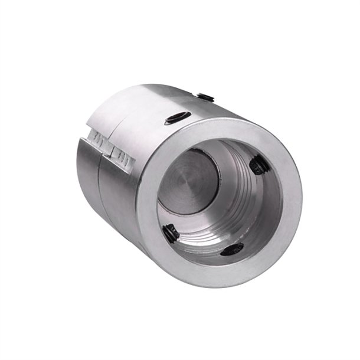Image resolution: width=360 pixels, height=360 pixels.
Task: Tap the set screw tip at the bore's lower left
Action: point(171,234)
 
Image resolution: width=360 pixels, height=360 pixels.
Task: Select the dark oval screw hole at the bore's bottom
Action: point(231,249)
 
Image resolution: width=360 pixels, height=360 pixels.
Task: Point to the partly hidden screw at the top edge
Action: point(206,96)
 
